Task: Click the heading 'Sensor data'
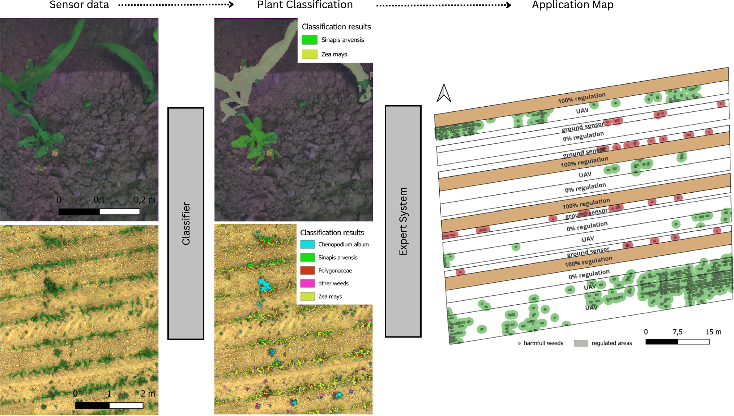[x=79, y=5]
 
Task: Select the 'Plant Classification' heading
[x=305, y=5]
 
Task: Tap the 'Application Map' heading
[x=572, y=5]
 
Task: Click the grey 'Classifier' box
[x=186, y=223]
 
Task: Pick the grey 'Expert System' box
[x=403, y=221]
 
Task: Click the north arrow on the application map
[x=444, y=93]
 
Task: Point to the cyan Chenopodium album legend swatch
[x=307, y=244]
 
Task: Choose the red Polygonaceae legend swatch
[x=307, y=270]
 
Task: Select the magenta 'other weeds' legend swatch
[x=307, y=283]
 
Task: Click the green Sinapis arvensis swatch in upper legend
[x=310, y=40]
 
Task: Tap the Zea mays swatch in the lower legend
[x=307, y=296]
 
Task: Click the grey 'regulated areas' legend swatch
[x=581, y=343]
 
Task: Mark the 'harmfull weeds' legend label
[x=543, y=343]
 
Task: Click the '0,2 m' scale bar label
[x=145, y=200]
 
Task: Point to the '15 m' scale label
[x=713, y=332]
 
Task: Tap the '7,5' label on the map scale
[x=677, y=332]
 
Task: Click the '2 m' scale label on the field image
[x=148, y=393]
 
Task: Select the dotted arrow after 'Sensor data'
[x=176, y=5]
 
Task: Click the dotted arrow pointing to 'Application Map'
[x=443, y=5]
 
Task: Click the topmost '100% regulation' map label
[x=581, y=98]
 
